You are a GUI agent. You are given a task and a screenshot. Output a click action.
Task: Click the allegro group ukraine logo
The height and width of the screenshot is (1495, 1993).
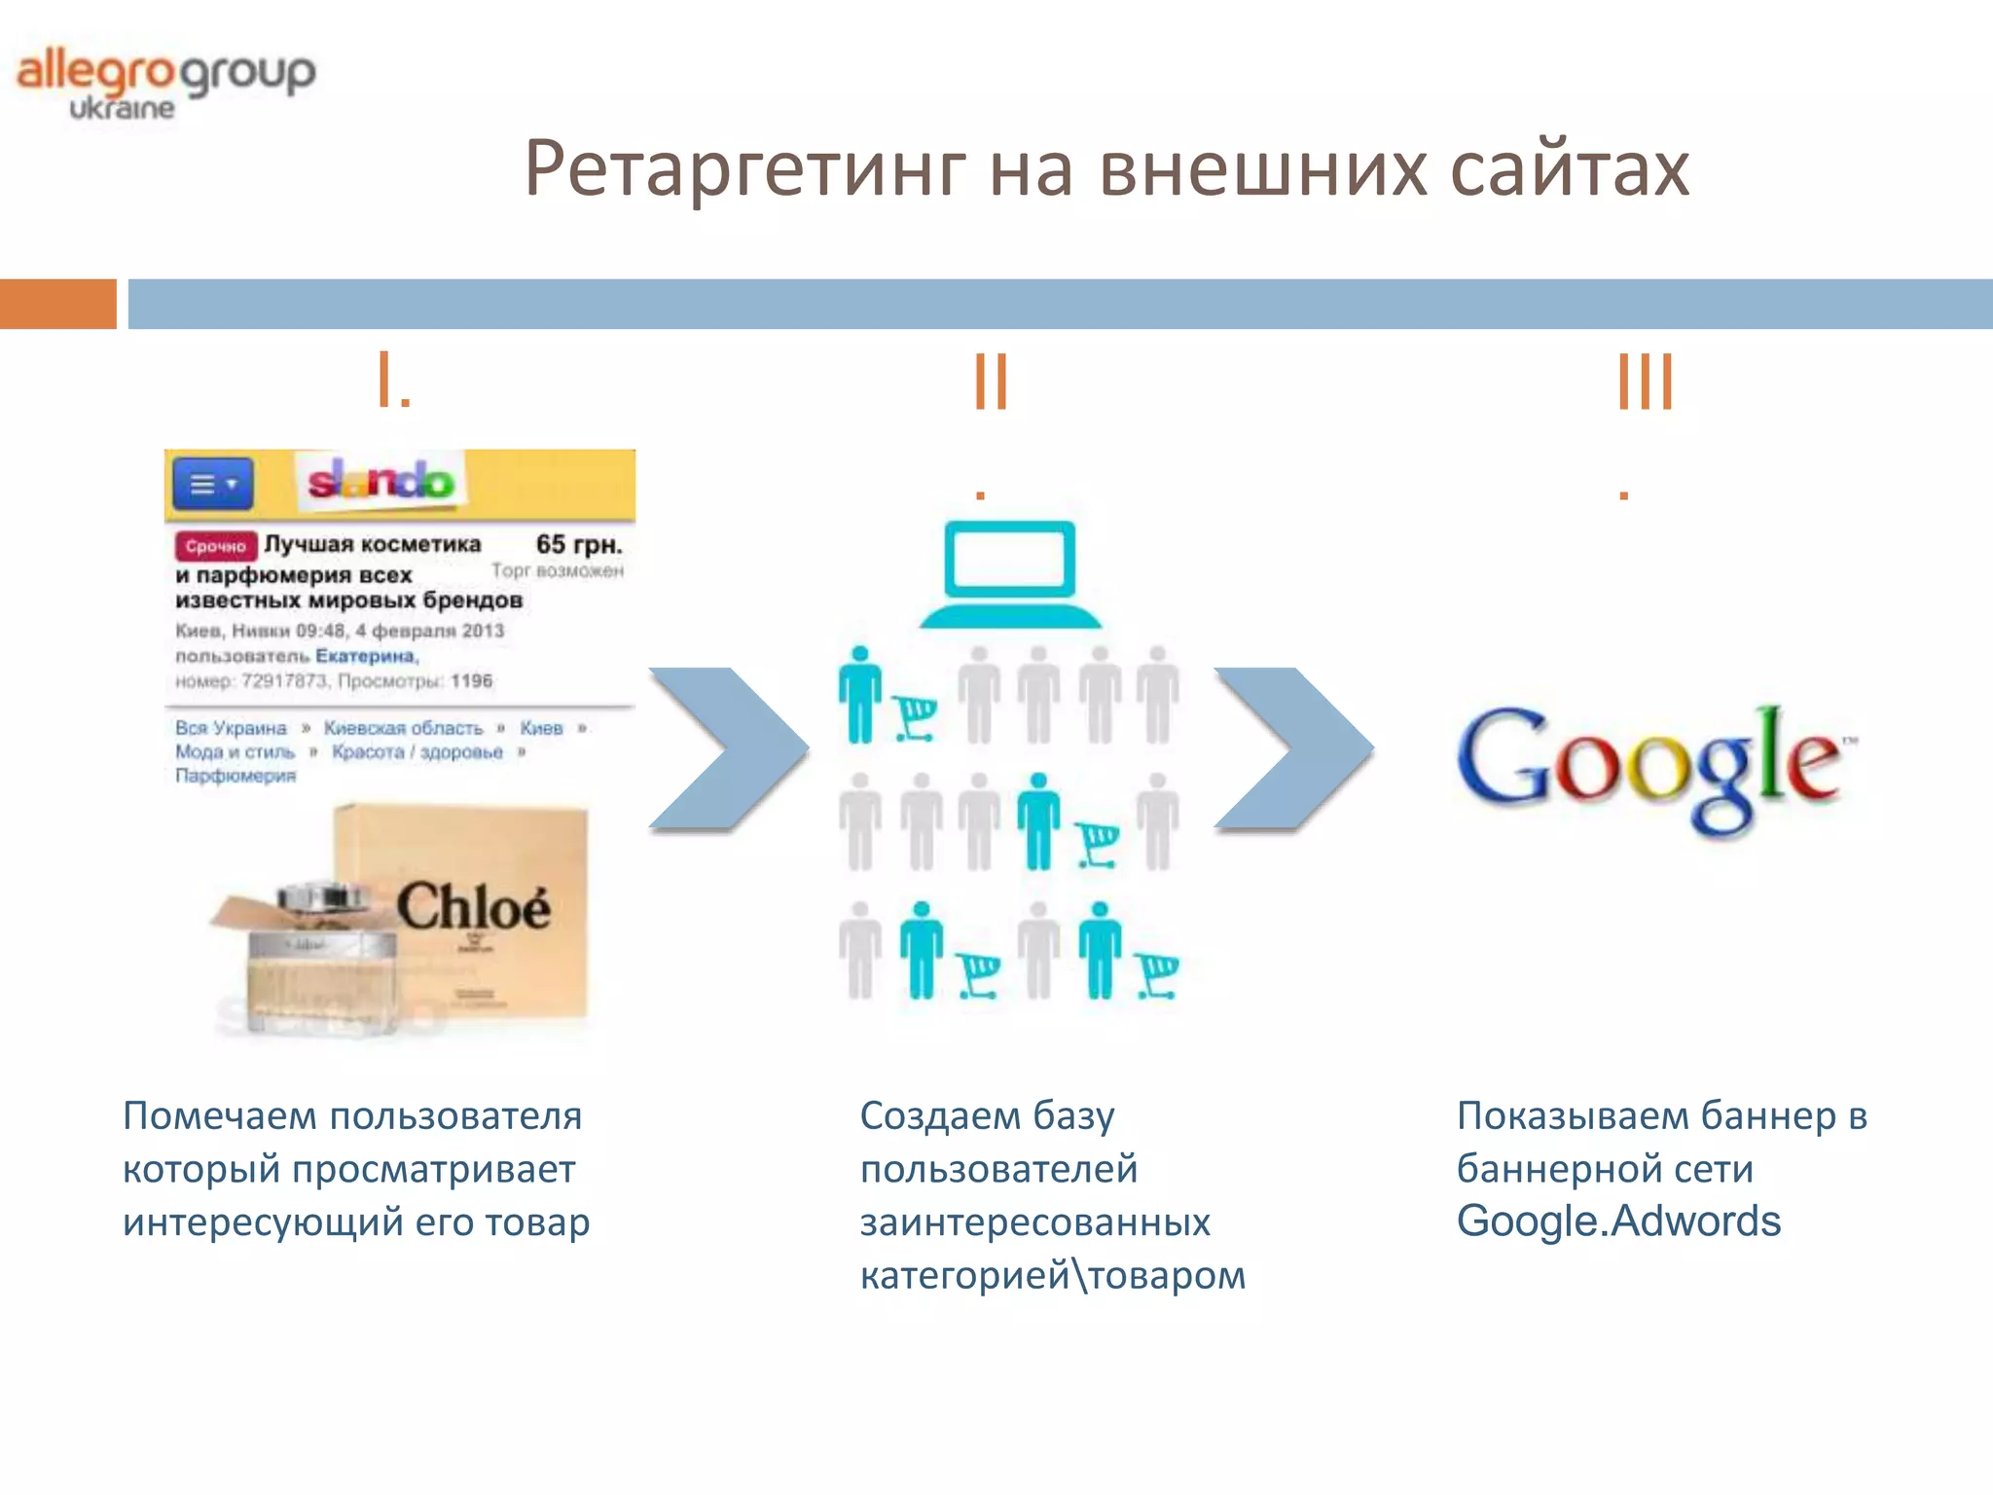point(165,84)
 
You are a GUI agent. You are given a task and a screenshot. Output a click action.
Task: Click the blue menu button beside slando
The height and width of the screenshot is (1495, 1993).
point(212,484)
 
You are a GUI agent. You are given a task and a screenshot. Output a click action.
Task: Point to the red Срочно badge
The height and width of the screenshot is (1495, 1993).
point(215,546)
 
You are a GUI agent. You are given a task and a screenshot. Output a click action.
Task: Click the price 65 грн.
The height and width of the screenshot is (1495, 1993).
point(578,544)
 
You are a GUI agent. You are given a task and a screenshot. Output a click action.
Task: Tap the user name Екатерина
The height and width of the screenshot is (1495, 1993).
point(365,656)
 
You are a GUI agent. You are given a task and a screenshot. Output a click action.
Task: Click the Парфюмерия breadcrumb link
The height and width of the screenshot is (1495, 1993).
point(236,776)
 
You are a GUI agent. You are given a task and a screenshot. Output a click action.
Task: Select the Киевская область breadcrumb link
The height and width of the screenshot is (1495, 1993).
point(403,728)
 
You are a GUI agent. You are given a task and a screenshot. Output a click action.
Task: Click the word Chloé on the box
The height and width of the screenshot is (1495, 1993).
point(473,908)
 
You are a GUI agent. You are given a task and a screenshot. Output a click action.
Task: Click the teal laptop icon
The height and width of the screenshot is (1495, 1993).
point(1010,574)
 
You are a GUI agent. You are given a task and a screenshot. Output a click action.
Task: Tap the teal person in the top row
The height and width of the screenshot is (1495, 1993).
point(860,694)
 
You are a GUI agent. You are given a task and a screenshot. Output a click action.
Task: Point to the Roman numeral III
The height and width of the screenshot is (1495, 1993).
point(1645,382)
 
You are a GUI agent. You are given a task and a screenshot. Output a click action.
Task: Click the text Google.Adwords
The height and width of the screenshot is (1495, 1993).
point(1618,1222)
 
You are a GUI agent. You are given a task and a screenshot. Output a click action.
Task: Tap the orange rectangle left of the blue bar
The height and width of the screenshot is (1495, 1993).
point(57,304)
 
